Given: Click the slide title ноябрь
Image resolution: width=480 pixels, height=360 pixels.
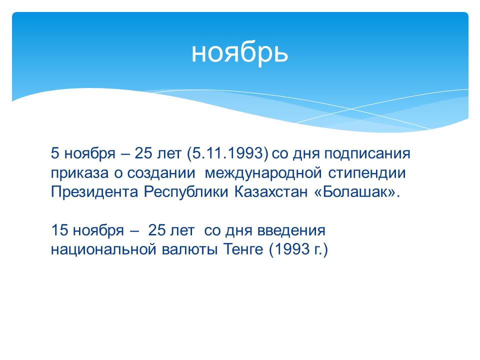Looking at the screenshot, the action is (x=239, y=53).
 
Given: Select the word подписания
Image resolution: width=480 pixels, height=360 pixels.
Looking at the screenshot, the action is (x=367, y=153).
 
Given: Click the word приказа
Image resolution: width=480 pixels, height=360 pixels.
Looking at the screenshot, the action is (x=79, y=173).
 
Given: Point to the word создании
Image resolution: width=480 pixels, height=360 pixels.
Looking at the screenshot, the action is (x=161, y=173).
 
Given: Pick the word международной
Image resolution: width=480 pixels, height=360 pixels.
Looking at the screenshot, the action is (x=263, y=173).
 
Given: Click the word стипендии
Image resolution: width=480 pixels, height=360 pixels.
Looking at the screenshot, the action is (x=367, y=173).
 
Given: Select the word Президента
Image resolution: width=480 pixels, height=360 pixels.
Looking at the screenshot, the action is (x=94, y=192).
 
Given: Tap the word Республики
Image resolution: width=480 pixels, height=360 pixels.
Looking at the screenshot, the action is (x=186, y=192).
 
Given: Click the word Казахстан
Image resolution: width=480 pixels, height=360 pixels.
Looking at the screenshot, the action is (x=271, y=192).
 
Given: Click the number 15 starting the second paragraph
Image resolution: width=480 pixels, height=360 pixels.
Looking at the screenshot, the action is (x=59, y=230).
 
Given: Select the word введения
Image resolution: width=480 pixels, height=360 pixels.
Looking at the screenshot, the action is (x=291, y=230).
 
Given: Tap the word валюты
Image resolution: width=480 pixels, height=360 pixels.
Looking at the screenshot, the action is (x=190, y=249).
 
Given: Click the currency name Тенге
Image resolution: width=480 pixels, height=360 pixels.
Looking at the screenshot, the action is (x=243, y=249).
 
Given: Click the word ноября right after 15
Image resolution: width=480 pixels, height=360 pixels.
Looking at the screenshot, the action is (x=98, y=230).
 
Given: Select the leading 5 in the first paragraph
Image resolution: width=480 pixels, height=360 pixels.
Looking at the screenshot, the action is (x=55, y=153).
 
